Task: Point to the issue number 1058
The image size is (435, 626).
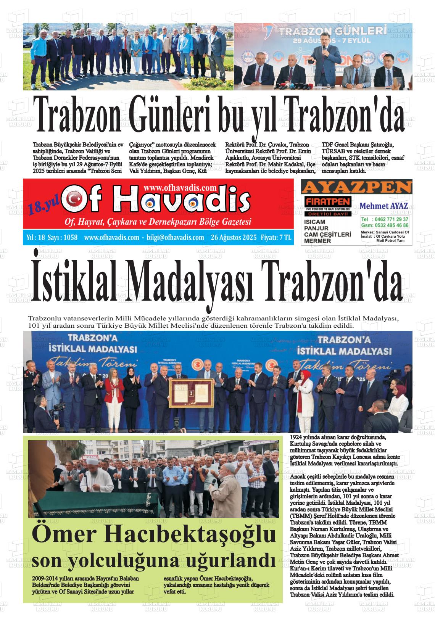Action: pyautogui.click(x=71, y=238)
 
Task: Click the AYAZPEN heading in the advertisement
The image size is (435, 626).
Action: pyautogui.click(x=356, y=187)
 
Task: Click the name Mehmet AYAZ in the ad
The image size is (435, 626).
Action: pyautogui.click(x=383, y=206)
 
